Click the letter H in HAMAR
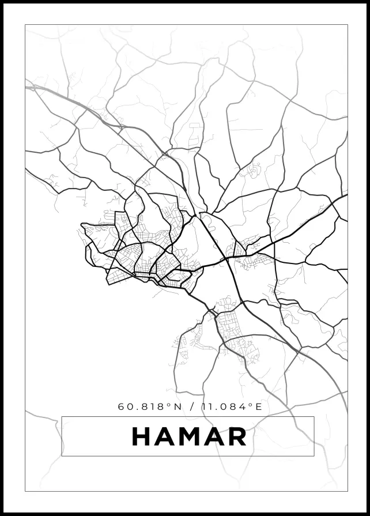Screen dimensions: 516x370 (x=142, y=436)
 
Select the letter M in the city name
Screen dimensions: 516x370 (x=190, y=436)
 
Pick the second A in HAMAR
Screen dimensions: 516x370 (x=214, y=436)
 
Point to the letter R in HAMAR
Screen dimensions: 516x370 (x=236, y=436)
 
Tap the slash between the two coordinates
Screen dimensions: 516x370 (x=192, y=406)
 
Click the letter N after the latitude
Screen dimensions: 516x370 (x=178, y=406)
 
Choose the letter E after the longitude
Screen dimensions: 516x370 (x=259, y=406)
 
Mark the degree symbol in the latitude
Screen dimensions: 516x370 (x=170, y=404)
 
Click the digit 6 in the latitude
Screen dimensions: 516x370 (x=122, y=406)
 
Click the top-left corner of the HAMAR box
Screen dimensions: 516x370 (x=62, y=416)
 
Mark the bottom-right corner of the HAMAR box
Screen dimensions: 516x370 (x=314, y=456)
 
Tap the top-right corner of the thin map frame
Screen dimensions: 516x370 (x=348, y=25)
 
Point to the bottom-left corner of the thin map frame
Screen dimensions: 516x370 (x=25, y=491)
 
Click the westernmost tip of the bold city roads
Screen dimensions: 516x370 (x=81, y=224)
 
